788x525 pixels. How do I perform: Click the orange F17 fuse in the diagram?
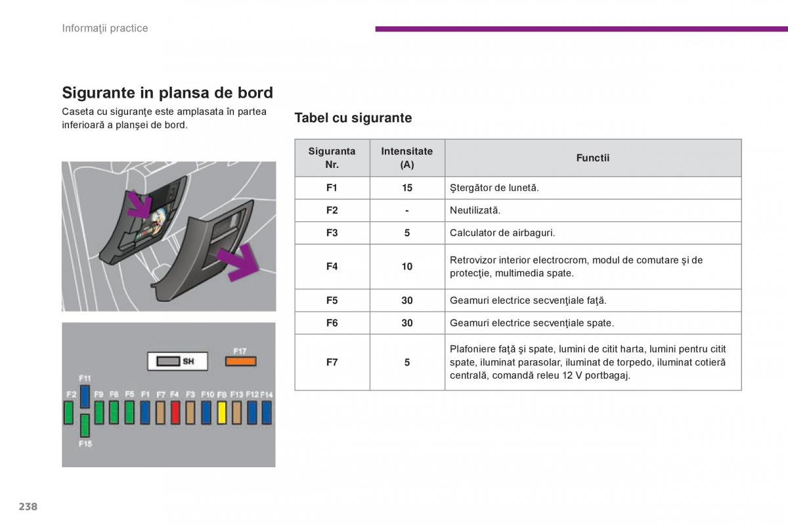pos(240,361)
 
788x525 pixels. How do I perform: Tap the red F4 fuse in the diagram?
pos(175,413)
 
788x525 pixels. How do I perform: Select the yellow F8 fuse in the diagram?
pos(222,413)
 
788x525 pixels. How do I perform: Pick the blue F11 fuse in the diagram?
pos(85,396)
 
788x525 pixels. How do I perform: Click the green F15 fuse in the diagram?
pos(85,425)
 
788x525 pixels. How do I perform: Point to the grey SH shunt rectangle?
pos(168,361)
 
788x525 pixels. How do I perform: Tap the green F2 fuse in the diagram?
pos(68,413)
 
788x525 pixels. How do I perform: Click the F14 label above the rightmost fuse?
pos(267,394)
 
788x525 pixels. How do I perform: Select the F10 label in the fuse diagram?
pos(208,394)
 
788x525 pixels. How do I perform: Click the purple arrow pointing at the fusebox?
pos(140,205)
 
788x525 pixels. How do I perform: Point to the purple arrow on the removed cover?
pos(238,262)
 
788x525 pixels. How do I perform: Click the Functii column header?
pos(593,158)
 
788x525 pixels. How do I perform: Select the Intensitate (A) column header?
pos(407,158)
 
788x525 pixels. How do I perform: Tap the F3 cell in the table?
pos(332,233)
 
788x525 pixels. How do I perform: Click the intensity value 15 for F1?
pos(407,188)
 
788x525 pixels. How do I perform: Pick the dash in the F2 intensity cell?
pos(407,211)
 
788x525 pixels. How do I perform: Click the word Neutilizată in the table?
pos(475,210)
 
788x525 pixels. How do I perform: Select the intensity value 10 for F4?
pos(407,266)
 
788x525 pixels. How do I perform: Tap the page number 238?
pos(28,507)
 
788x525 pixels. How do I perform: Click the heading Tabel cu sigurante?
pos(353,118)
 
